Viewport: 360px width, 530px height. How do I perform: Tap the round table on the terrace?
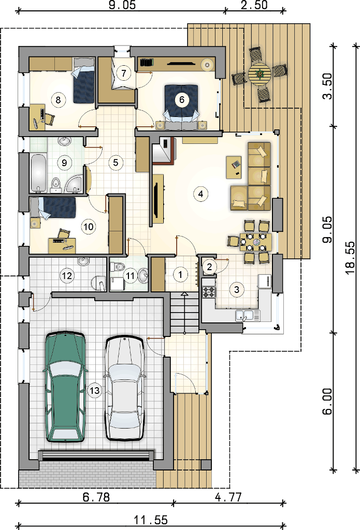click(260, 75)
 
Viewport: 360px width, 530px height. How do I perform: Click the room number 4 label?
click(201, 194)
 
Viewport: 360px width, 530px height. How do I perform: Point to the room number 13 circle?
click(95, 391)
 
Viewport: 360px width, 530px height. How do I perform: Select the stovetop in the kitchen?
click(209, 292)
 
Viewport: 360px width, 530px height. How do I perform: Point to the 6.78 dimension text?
click(96, 497)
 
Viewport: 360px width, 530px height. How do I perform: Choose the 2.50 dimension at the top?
click(254, 5)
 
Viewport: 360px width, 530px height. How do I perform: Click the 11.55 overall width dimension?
click(151, 520)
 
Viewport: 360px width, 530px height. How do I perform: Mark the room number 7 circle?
click(123, 73)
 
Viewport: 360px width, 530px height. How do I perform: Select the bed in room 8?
click(84, 81)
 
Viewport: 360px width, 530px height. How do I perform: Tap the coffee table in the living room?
click(235, 167)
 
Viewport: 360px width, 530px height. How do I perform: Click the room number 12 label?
click(67, 276)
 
